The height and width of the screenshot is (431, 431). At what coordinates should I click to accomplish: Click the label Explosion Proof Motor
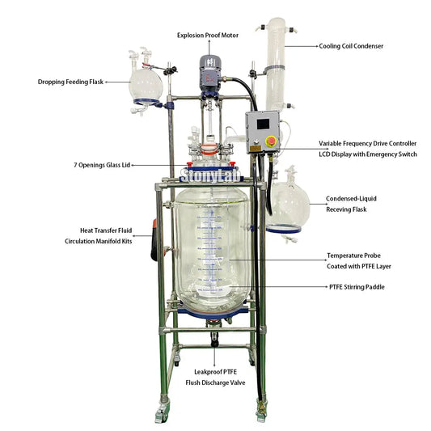point(208,36)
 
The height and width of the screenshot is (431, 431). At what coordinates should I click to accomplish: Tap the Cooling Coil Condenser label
point(351,46)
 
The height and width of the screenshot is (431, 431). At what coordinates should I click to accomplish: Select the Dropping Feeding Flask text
point(70,82)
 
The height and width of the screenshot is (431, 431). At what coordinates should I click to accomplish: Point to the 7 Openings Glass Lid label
point(102,165)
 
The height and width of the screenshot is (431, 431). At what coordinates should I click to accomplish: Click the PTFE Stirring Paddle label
point(357,287)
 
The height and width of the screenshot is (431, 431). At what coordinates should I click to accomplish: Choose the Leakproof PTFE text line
point(215,372)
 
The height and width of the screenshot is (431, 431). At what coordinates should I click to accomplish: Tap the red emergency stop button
point(271,141)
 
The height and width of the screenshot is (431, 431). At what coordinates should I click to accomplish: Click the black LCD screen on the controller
point(263,125)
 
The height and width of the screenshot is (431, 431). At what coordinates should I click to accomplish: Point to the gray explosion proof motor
point(209,74)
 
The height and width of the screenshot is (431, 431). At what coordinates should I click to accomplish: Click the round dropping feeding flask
point(146,85)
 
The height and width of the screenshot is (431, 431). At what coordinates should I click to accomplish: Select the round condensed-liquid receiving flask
point(288,207)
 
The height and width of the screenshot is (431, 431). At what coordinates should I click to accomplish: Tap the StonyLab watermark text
point(210,175)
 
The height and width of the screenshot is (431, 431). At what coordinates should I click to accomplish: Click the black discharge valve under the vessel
point(214,340)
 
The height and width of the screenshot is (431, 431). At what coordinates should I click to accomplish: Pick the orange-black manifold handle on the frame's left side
point(154,239)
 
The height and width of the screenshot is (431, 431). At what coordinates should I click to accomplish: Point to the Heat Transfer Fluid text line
point(106,230)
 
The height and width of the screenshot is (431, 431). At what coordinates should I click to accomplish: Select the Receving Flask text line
point(346,209)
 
